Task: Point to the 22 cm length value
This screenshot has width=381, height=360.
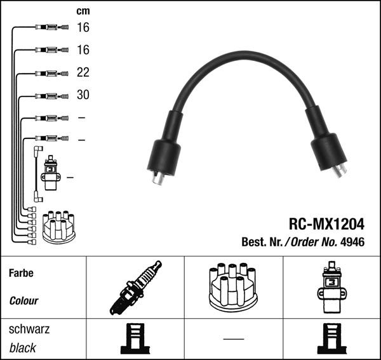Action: point(83,72)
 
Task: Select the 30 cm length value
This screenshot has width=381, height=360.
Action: point(83,95)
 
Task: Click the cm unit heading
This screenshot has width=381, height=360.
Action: point(83,11)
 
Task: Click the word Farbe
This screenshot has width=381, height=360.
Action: point(21,274)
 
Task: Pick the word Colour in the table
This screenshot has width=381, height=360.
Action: point(24,300)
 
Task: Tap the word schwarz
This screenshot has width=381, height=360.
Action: point(29,330)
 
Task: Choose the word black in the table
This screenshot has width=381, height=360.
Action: point(23,348)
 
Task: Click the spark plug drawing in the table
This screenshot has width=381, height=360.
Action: point(135,288)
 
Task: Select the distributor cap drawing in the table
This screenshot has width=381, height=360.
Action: point(233,287)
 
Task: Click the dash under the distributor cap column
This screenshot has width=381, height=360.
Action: point(233,338)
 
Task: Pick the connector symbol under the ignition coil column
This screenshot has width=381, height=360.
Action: point(331,339)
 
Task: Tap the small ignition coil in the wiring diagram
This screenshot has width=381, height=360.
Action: point(50,174)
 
